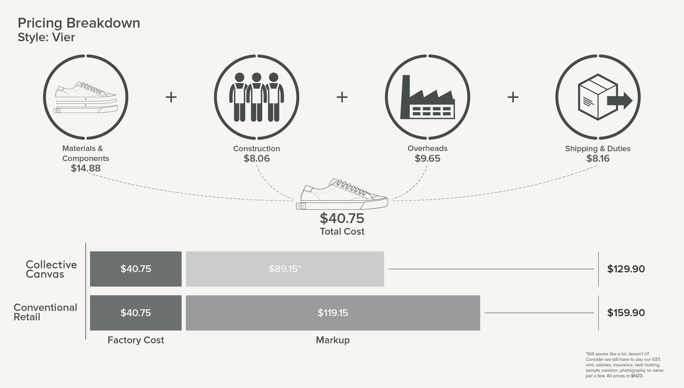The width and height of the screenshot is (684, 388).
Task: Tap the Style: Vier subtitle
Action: tap(46, 37)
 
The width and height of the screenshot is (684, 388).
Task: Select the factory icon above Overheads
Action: tap(427, 97)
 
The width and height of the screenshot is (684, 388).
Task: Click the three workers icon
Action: tap(257, 97)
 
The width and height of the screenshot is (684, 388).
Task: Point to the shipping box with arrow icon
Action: tap(605, 97)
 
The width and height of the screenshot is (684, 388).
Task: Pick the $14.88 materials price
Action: tap(86, 168)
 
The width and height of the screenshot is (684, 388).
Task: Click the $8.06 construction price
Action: tap(257, 159)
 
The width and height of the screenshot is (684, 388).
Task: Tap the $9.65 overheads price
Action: tap(427, 159)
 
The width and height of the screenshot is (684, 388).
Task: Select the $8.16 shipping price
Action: tap(598, 159)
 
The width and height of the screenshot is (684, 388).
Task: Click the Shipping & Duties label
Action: tap(598, 149)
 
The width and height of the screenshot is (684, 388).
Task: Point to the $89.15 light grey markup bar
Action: tap(285, 269)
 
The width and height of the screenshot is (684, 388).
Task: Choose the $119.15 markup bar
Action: tap(333, 313)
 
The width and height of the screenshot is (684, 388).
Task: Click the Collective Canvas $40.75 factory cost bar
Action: tap(136, 269)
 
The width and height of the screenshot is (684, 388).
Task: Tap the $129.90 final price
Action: tap(626, 269)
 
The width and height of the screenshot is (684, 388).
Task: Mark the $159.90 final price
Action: tap(626, 313)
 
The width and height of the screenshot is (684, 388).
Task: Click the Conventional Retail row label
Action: tap(45, 312)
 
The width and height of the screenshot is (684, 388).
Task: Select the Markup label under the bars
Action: tap(333, 340)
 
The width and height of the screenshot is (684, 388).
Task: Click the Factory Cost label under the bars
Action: tap(136, 340)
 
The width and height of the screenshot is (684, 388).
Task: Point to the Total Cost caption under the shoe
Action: tap(342, 232)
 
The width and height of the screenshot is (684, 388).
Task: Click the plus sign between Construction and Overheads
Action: tap(342, 97)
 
